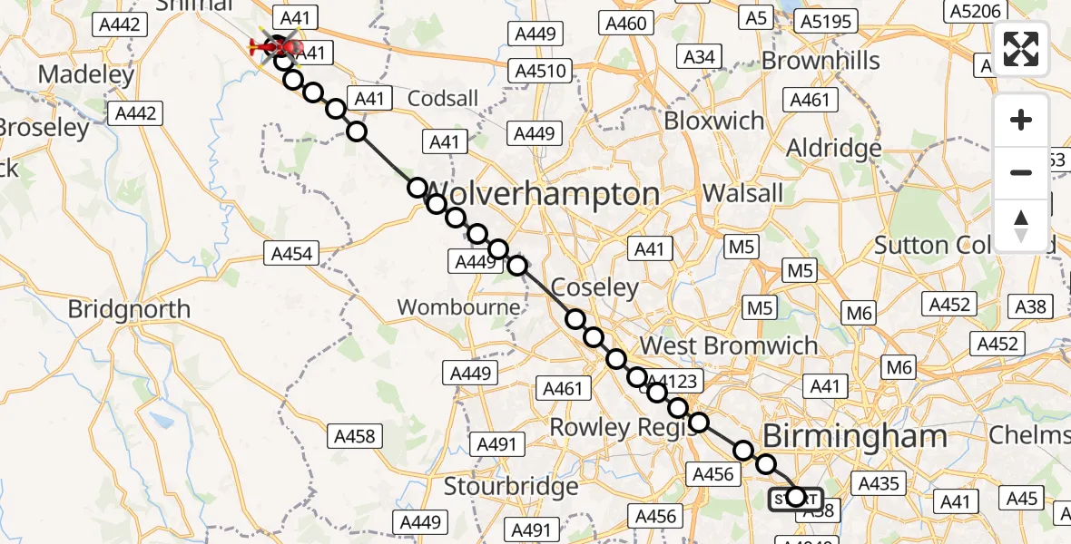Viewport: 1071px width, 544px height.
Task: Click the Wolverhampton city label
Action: (543, 194)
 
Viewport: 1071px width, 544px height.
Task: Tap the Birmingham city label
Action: (856, 436)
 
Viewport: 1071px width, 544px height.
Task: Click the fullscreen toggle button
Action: (1021, 49)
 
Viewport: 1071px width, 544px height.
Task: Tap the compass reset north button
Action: (1021, 225)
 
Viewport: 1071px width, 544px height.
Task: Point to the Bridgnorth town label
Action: (129, 309)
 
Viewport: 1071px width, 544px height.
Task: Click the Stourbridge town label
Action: (511, 486)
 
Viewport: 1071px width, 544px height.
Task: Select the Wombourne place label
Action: (459, 307)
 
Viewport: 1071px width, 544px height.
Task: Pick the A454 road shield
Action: (292, 254)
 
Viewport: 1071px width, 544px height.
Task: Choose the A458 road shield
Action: (354, 436)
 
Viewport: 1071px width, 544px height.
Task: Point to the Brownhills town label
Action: (821, 60)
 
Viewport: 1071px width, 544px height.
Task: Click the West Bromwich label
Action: (729, 345)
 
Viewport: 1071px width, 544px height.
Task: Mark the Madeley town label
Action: (87, 74)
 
